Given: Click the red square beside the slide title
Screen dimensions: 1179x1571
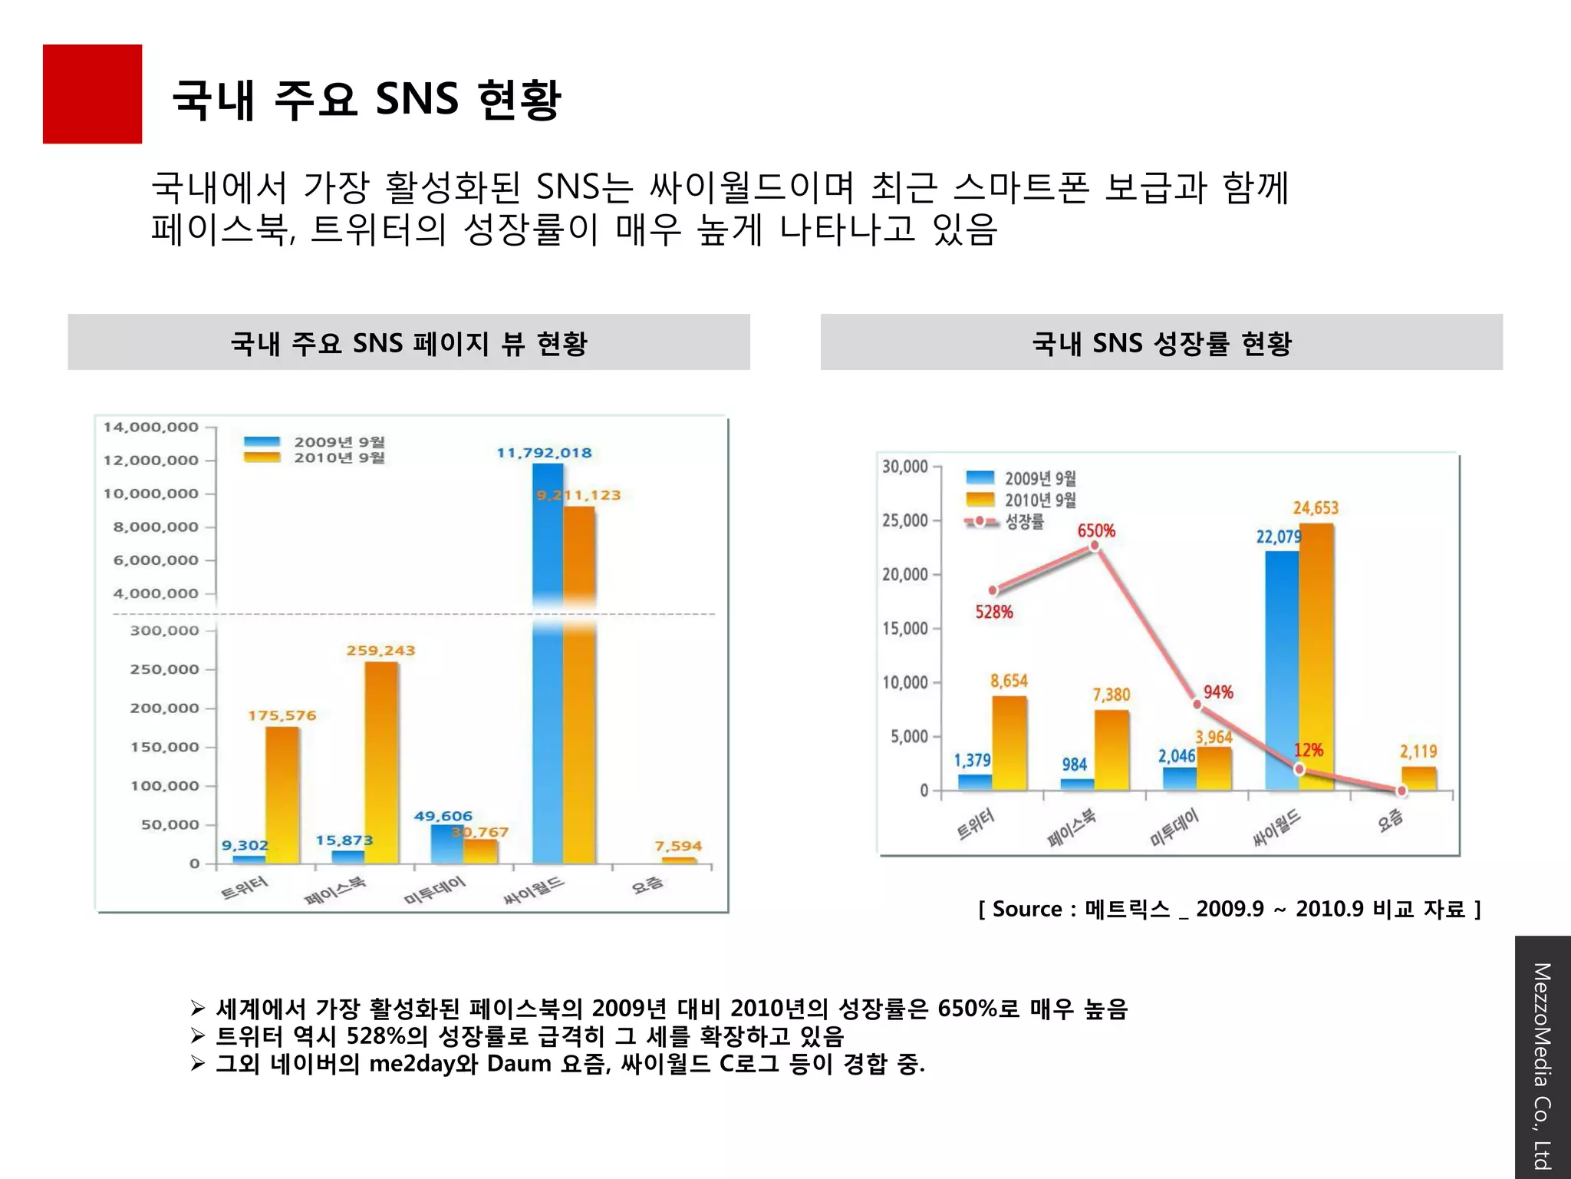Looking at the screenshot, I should point(92,94).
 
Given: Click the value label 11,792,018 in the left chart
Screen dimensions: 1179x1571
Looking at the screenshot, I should point(544,453).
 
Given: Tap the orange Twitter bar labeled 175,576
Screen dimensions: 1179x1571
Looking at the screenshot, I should point(282,794).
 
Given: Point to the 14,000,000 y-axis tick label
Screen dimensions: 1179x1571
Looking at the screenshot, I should point(151,428).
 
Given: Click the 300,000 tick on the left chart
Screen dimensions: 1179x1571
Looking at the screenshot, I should point(164,631).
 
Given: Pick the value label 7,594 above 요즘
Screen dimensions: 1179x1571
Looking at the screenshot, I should point(678,846).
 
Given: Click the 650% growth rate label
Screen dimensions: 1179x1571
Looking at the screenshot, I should point(1096,531).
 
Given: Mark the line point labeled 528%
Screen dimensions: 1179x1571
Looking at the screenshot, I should point(993,590).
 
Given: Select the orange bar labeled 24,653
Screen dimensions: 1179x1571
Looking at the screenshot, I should point(1316,656).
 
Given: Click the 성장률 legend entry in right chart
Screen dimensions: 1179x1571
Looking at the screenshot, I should point(1024,522).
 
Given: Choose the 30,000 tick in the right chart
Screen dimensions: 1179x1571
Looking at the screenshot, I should point(905,467).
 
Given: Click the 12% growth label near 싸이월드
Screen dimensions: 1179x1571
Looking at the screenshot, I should point(1309,750).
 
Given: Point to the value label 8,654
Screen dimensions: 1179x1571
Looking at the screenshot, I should point(1009,681).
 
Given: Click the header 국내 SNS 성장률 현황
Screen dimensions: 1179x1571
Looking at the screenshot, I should point(1161,343).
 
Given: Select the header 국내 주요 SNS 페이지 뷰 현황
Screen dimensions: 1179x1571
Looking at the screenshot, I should point(409,343).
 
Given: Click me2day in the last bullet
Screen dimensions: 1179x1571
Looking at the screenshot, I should point(413,1064).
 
